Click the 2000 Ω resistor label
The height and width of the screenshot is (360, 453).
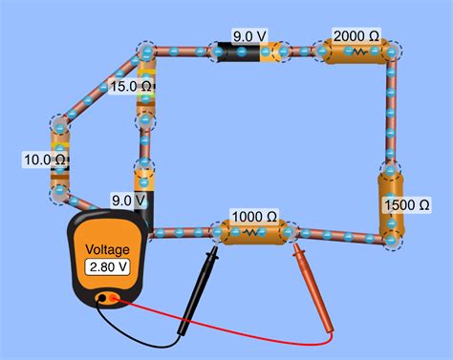click(356, 36)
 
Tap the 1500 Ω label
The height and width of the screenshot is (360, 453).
click(404, 205)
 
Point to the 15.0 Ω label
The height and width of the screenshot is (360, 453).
click(132, 86)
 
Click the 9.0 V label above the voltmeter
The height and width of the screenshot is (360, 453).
click(128, 201)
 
